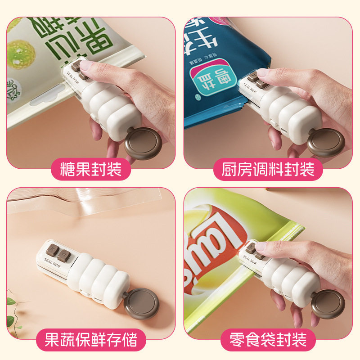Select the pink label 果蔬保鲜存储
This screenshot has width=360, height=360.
92,338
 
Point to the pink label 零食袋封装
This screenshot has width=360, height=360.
269,338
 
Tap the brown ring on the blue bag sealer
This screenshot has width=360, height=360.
326,143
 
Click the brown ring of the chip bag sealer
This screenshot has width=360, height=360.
328,304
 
